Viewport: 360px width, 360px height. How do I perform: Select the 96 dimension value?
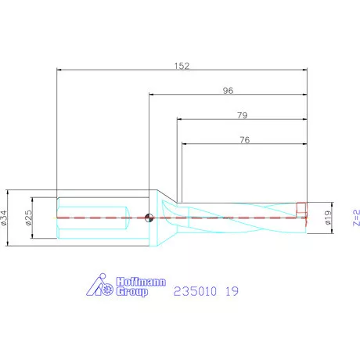click(228, 90)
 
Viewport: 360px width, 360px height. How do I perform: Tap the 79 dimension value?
click(242, 115)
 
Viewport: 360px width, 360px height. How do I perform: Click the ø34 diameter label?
click(5, 218)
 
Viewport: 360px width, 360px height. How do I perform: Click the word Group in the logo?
click(131, 292)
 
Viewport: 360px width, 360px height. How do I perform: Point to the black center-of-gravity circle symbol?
click(149, 218)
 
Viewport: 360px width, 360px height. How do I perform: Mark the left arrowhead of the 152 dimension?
click(59, 70)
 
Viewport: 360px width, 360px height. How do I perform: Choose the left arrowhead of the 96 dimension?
click(151, 95)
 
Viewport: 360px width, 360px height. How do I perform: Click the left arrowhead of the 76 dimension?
click(185, 144)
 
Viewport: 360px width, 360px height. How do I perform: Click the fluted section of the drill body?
click(243, 217)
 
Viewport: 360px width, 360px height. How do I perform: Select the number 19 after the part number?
click(230, 290)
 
